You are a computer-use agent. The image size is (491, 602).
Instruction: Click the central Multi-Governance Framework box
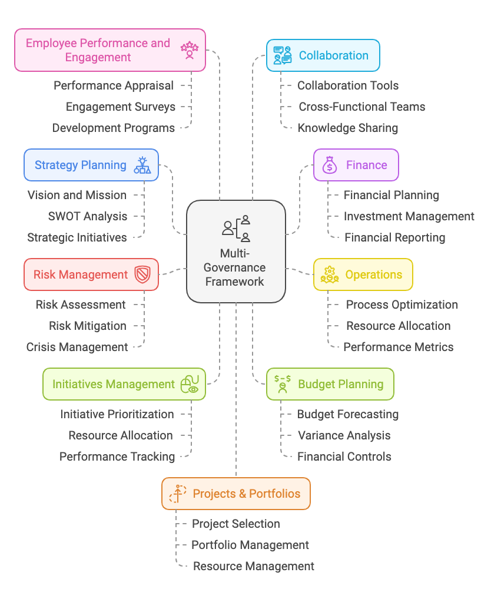click(x=235, y=251)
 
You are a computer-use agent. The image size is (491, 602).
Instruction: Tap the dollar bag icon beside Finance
click(x=330, y=165)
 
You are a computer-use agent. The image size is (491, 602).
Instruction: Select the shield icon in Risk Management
click(x=142, y=274)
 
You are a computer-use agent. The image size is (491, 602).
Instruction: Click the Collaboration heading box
click(x=323, y=55)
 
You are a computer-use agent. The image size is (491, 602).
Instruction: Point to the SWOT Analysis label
click(x=88, y=216)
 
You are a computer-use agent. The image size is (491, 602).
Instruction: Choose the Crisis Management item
click(x=77, y=347)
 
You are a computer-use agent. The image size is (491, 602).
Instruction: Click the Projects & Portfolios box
click(x=235, y=494)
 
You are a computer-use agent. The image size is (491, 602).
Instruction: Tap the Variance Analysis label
click(x=344, y=435)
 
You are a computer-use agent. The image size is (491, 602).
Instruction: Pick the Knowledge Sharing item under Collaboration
click(x=348, y=128)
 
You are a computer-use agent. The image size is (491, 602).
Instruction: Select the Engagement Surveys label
click(x=121, y=107)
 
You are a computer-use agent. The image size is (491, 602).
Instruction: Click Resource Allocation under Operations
click(x=399, y=326)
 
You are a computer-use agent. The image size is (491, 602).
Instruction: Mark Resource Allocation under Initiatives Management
click(x=121, y=435)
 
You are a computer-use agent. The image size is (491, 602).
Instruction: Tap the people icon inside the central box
click(x=236, y=228)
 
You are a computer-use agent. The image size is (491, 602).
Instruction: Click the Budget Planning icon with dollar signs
click(x=283, y=383)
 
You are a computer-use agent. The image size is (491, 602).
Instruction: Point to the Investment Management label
click(x=409, y=216)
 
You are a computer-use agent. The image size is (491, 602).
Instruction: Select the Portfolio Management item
click(x=250, y=545)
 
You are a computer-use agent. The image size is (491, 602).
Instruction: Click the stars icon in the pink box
click(x=190, y=50)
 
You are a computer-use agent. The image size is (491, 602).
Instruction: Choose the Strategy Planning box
click(x=91, y=165)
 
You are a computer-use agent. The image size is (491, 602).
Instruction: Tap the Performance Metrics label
click(x=399, y=347)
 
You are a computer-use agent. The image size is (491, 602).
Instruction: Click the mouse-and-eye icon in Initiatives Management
click(x=190, y=384)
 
